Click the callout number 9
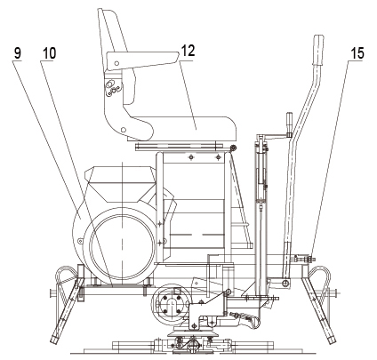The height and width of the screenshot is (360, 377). point(18,53)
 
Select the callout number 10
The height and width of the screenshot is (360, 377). point(49,53)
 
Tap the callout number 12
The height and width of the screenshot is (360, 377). point(188,51)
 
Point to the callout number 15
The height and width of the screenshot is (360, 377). point(357,53)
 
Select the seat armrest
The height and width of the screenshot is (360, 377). point(142,60)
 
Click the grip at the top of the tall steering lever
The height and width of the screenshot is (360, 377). point(318,51)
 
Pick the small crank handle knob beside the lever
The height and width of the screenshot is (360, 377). point(290,123)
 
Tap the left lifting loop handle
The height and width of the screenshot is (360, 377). point(66,277)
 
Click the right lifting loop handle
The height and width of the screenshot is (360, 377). point(319,277)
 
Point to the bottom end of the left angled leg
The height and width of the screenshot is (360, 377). point(54,340)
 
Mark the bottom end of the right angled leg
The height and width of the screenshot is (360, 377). point(332,340)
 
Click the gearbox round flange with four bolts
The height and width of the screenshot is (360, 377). point(172,303)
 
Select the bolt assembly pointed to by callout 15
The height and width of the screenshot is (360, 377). point(305,259)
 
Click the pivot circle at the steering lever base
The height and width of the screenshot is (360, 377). point(285,284)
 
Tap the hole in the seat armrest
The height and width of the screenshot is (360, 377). point(116,63)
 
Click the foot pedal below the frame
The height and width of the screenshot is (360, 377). point(246,317)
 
